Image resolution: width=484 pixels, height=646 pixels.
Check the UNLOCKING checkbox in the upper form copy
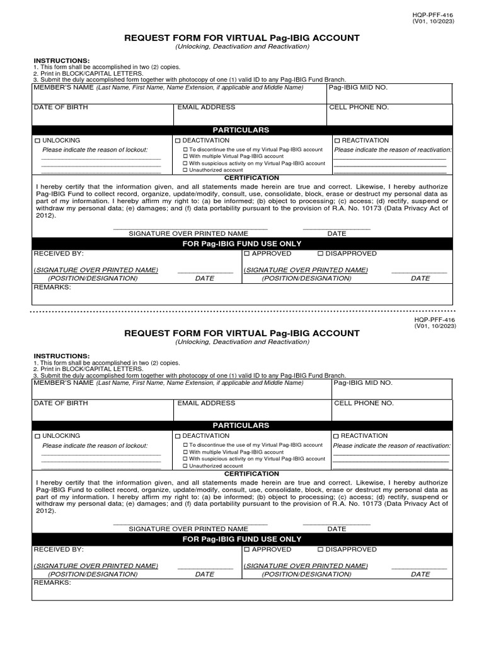tap(37, 140)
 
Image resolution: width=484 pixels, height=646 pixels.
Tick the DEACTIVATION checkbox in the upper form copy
tap(178, 140)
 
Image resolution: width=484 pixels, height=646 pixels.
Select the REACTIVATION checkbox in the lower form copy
tap(337, 436)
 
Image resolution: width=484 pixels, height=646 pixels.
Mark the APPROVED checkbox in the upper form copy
tap(247, 254)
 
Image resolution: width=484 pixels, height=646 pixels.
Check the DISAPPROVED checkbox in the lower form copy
tap(321, 549)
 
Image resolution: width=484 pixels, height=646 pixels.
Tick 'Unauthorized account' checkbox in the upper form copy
tap(185, 170)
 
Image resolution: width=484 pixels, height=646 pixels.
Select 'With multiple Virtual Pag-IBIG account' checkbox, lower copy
tap(185, 452)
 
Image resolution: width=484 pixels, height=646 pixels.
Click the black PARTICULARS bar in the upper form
tap(241, 130)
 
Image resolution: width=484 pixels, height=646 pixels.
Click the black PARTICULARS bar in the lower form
tap(241, 426)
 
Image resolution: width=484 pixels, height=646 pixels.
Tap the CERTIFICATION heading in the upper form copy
tap(243, 179)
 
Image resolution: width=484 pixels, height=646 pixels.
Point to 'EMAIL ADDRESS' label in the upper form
tap(206, 108)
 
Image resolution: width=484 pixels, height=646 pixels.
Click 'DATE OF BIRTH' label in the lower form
tap(60, 403)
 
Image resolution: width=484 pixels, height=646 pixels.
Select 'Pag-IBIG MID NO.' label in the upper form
tap(358, 87)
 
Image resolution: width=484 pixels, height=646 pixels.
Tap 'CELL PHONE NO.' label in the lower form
tap(364, 403)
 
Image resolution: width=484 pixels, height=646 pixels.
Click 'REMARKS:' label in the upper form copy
tap(52, 287)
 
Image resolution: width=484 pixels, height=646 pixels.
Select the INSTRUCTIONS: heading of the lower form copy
tap(62, 356)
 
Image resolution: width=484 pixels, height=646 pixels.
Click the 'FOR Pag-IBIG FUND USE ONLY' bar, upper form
tap(242, 244)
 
